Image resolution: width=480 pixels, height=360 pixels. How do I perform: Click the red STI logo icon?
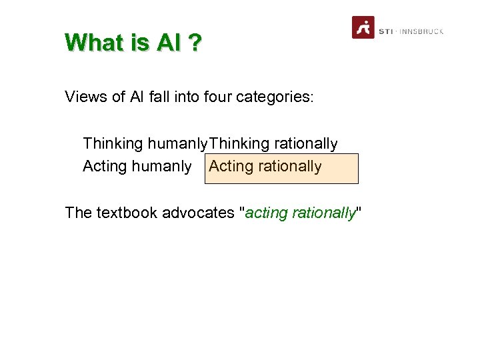click(363, 27)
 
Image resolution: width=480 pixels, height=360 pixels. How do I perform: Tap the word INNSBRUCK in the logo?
click(421, 31)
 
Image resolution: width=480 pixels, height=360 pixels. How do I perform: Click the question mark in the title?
click(195, 43)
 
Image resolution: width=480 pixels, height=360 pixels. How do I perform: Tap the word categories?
click(273, 97)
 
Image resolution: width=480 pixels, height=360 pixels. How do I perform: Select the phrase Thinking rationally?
click(273, 144)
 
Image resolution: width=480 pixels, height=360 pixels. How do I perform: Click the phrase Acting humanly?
click(137, 166)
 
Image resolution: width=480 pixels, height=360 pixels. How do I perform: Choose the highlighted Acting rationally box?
click(282, 167)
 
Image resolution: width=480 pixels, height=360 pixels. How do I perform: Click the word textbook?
click(127, 213)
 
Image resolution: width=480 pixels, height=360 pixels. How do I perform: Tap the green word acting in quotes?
click(265, 213)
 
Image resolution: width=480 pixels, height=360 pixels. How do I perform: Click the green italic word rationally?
click(323, 213)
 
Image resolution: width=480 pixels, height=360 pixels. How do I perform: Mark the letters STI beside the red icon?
click(385, 31)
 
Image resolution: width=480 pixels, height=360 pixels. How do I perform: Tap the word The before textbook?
click(78, 213)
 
